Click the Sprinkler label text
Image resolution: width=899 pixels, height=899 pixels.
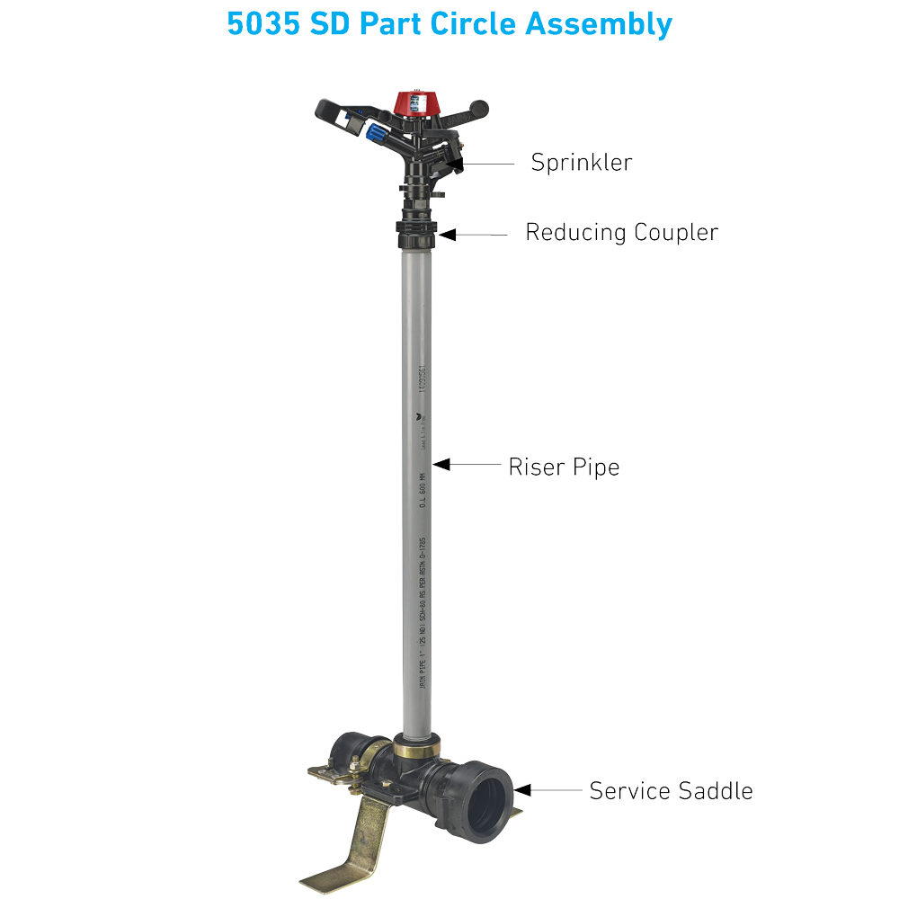coord(582,163)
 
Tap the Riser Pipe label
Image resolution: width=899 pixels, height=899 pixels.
coord(564,467)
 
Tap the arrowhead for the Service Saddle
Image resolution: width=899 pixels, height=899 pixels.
coord(522,790)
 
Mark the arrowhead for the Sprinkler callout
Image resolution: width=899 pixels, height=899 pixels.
coord(459,164)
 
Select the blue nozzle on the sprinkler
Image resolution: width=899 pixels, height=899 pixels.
coord(374,134)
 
